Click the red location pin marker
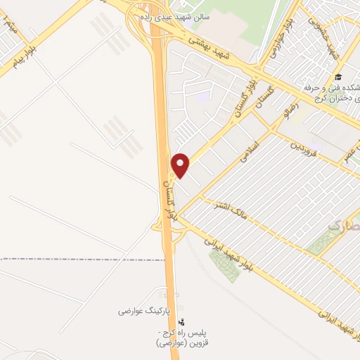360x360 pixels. tap(181, 165)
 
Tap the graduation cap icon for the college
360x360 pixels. tap(338, 77)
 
